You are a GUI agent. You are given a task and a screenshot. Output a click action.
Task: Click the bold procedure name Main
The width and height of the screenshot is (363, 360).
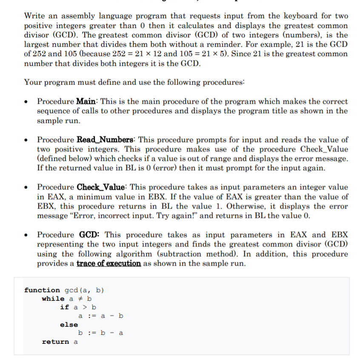pos(88,102)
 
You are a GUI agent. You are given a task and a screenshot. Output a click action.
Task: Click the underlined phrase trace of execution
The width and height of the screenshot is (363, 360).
pos(109,263)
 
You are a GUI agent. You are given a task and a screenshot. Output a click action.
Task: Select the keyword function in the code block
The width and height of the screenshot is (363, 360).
pos(42,290)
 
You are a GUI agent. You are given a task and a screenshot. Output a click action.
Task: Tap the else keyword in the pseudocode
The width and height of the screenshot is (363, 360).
pos(69,325)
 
